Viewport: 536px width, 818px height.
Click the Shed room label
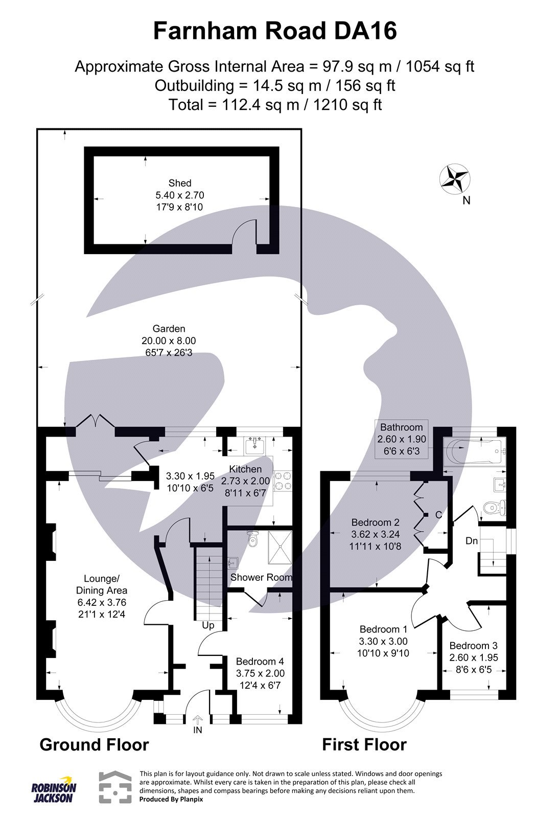point(180,183)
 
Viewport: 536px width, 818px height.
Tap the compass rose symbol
point(454,179)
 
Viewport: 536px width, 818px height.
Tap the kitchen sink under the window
point(254,446)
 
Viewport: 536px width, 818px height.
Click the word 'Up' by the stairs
point(208,625)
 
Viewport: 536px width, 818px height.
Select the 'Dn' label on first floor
point(471,540)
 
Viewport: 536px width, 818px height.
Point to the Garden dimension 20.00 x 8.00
point(169,340)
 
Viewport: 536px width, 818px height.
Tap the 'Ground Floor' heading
point(94,744)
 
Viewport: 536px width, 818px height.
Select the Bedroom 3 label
point(473,646)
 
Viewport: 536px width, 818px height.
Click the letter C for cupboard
point(438,515)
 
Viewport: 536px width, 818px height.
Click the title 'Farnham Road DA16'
point(275,32)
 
